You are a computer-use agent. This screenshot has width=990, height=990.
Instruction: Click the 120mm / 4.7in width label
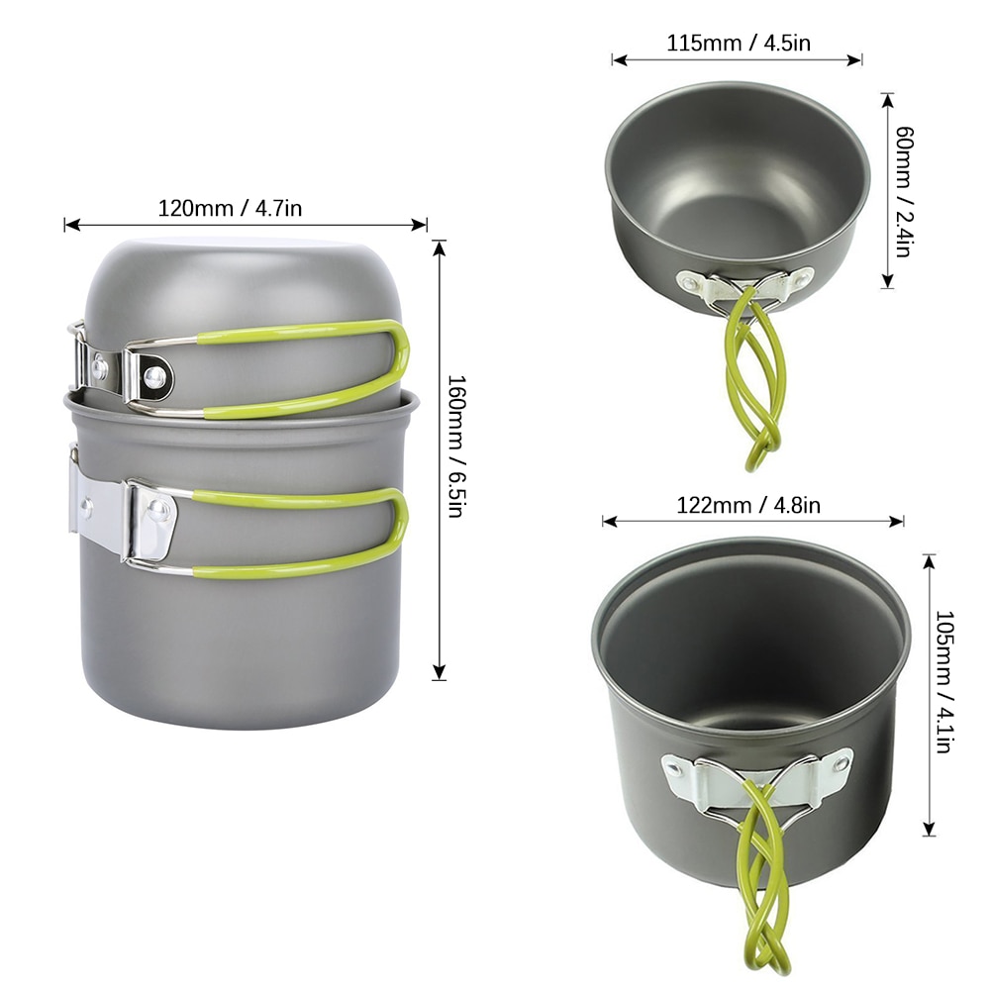(230, 208)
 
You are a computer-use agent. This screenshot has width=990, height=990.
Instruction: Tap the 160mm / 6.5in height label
(455, 445)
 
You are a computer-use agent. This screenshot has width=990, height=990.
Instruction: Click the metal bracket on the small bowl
(742, 285)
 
